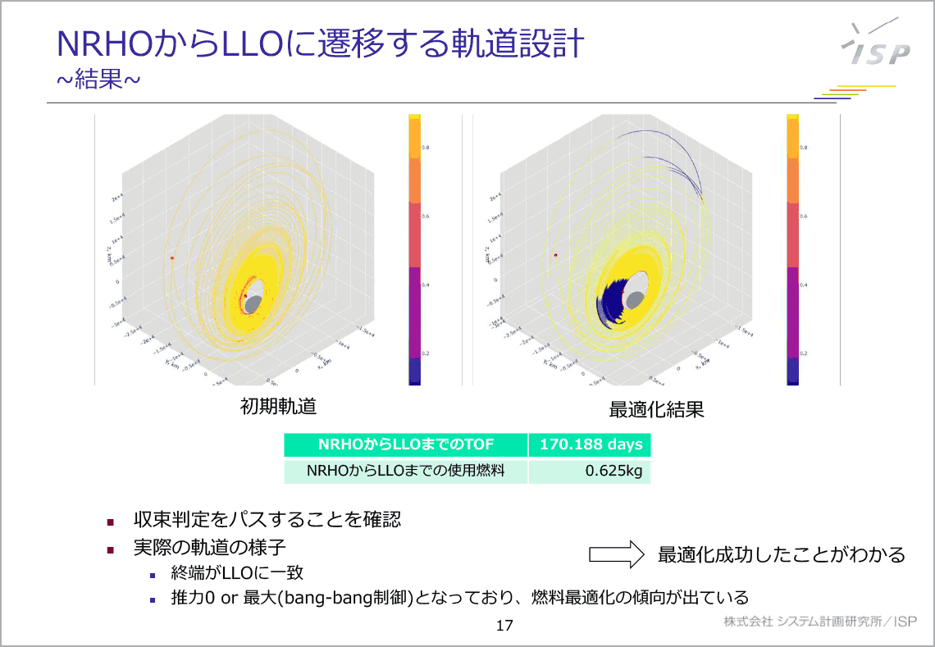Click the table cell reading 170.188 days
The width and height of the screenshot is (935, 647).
[590, 445]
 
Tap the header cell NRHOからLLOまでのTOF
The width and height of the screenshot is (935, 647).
[406, 445]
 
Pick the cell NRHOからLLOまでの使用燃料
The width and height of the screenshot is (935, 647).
[406, 471]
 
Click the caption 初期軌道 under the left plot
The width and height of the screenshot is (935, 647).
[278, 406]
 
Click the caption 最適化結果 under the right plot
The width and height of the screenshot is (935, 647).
[656, 409]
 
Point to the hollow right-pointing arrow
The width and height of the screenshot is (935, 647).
[616, 554]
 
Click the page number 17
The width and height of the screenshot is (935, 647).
[504, 626]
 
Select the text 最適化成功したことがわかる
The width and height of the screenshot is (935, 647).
[781, 555]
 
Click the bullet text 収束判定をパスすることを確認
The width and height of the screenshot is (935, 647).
[267, 520]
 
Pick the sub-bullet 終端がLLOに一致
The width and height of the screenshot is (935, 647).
[237, 572]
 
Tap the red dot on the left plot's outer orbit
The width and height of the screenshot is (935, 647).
[172, 258]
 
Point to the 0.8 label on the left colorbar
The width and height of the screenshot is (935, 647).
[425, 147]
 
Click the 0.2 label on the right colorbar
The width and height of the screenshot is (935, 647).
[803, 353]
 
